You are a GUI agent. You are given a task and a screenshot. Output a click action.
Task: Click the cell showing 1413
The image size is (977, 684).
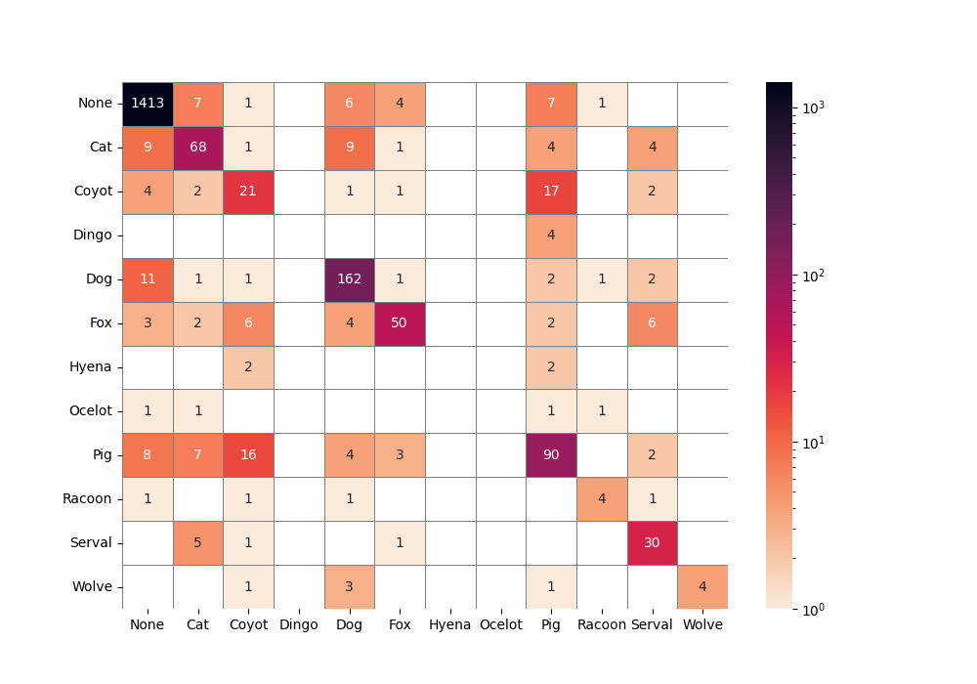coord(148,104)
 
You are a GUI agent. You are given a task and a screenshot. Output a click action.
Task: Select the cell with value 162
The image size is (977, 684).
coord(349,279)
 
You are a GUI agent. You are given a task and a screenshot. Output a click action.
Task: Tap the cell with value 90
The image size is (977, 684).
coord(551,454)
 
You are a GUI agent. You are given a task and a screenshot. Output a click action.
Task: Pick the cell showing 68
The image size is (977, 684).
coord(198,148)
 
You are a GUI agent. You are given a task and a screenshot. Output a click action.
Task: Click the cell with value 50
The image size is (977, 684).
coord(400,323)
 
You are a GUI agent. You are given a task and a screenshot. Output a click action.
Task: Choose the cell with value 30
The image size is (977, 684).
coord(652,542)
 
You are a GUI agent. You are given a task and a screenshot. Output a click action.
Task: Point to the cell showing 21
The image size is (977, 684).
coord(248,192)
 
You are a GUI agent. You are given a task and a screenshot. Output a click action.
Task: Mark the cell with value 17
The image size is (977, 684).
coord(551,192)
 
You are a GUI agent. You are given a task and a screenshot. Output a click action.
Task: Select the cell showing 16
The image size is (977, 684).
coord(248,454)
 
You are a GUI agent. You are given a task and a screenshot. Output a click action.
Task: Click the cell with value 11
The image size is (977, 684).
coord(148,279)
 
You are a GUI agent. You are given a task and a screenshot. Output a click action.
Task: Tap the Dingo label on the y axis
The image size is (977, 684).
coord(93,235)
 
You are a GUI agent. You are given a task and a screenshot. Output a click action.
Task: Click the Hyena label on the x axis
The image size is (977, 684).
coord(450,625)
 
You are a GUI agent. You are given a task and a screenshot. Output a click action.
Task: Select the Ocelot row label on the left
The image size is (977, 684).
coord(92,411)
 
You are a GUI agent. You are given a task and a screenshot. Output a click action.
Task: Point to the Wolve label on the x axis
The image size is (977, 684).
coord(702,625)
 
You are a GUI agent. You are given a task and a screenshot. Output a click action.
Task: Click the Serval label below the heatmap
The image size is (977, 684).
coord(652,625)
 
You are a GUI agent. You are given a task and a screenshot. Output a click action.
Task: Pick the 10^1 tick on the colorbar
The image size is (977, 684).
coord(813,443)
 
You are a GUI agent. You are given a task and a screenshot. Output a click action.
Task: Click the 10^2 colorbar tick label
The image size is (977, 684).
coord(813,276)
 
